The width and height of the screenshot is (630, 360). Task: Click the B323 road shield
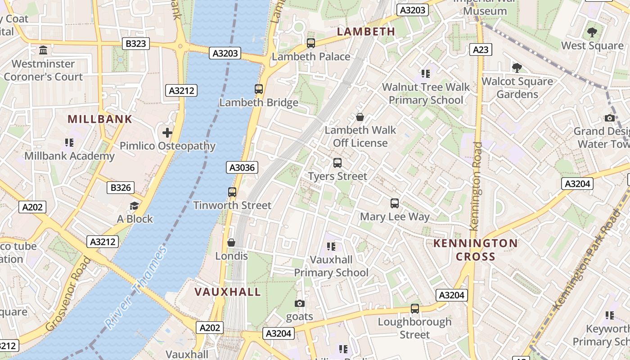pos(136,44)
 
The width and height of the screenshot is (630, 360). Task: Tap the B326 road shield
pos(121,188)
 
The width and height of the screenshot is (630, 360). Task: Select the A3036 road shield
pos(242,168)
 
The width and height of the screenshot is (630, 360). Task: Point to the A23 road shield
pos(481,49)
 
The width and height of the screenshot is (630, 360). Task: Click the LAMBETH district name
pos(366,31)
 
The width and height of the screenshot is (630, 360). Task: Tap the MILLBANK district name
pos(100,119)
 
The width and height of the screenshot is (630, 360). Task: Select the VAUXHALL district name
pos(228,292)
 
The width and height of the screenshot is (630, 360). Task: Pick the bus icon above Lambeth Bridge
pos(259,89)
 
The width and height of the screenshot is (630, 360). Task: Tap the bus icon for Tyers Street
pos(337,163)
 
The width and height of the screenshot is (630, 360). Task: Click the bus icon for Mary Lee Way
pos(395,203)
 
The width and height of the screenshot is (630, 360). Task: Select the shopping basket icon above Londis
pos(231,243)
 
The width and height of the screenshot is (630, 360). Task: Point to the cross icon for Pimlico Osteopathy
pos(167,133)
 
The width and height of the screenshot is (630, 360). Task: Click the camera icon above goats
pos(299,304)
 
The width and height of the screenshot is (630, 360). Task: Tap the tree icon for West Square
pos(592,32)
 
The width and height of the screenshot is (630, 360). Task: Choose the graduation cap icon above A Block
pos(135,206)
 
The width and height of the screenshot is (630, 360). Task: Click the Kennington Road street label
pos(476,186)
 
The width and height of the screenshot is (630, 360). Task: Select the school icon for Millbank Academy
pos(69,143)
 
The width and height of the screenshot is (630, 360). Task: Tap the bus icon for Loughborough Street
pos(415,309)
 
